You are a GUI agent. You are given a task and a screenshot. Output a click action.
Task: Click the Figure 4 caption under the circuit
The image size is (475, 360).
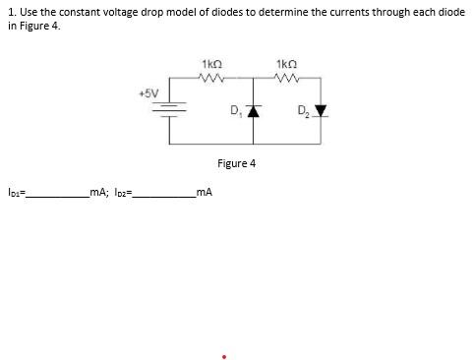pyautogui.click(x=236, y=163)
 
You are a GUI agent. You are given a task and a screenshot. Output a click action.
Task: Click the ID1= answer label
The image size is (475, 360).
pyautogui.click(x=15, y=193)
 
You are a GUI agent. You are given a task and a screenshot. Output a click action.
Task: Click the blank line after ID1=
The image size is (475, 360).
pyautogui.click(x=56, y=196)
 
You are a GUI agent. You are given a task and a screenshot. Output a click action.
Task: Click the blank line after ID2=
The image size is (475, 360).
pyautogui.click(x=163, y=196)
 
